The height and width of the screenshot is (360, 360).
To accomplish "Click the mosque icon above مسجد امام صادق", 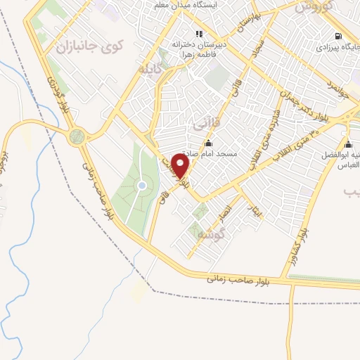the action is pyautogui.click(x=207, y=143).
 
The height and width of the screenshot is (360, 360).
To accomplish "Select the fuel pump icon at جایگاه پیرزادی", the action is pyautogui.click(x=340, y=36).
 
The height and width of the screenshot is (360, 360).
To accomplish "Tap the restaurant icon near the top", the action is pyautogui.click(x=199, y=33).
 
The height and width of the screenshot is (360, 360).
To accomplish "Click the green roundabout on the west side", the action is pyautogui.click(x=77, y=136).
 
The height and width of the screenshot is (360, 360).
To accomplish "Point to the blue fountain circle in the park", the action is pyautogui.click(x=141, y=186).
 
